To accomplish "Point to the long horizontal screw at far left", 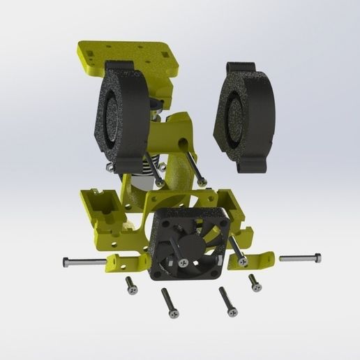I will point(84,262).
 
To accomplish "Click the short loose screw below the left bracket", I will point(130,284).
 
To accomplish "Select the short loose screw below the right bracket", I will point(255,283).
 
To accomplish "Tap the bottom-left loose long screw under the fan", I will point(170,303).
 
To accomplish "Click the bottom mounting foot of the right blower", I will point(253,165).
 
